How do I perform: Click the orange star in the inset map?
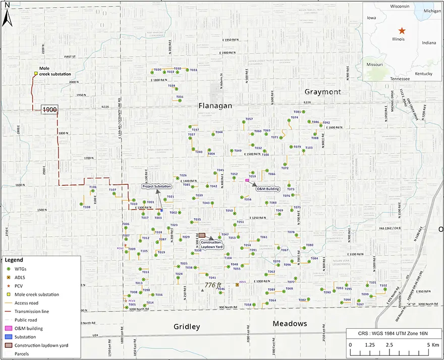point(402,31)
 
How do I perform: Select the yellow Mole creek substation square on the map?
point(36,74)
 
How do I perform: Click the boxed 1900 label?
point(49,110)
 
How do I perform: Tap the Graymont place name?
point(322,92)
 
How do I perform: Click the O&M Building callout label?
point(268,189)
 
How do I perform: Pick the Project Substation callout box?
point(156,187)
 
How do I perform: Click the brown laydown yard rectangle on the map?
point(202,235)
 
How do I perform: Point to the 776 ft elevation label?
point(213,285)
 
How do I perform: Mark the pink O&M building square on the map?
point(247,180)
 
